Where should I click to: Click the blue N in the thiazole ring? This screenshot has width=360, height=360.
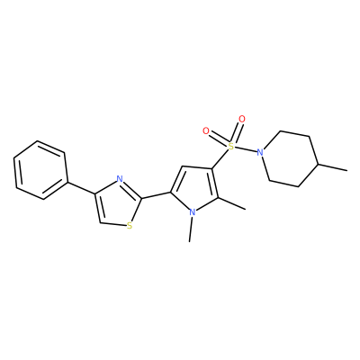pos(120,179)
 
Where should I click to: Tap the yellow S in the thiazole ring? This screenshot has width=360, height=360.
pos(130,226)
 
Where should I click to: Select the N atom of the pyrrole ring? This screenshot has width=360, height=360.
pos(193,212)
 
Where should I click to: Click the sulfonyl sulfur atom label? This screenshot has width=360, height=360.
pos(230,147)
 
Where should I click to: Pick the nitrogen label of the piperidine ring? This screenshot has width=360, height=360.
pos(260,152)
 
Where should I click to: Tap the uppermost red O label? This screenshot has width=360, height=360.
pos(242,119)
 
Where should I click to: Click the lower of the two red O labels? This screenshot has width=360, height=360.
pos(206,131)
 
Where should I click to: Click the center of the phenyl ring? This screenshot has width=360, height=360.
pos(40,170)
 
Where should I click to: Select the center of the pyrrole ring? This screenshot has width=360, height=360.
pos(196,189)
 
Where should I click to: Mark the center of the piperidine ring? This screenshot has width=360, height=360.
pos(290,158)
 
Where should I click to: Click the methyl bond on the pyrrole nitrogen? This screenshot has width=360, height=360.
pos(191,229)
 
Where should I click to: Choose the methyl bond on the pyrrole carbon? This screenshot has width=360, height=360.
pos(232,203)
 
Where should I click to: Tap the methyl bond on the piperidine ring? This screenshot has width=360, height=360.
pos(333,167)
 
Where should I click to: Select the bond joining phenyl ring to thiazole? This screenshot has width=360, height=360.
pos(82,188)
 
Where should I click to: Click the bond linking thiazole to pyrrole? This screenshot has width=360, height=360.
pos(156,195)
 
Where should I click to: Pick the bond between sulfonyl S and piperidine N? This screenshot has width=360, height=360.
pos(246,149)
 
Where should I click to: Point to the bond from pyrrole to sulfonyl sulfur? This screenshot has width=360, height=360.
pos(220,159)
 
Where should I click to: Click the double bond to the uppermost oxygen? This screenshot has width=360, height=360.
pos(237,132)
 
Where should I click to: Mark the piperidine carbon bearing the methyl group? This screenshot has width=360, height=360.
pos(319,164)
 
